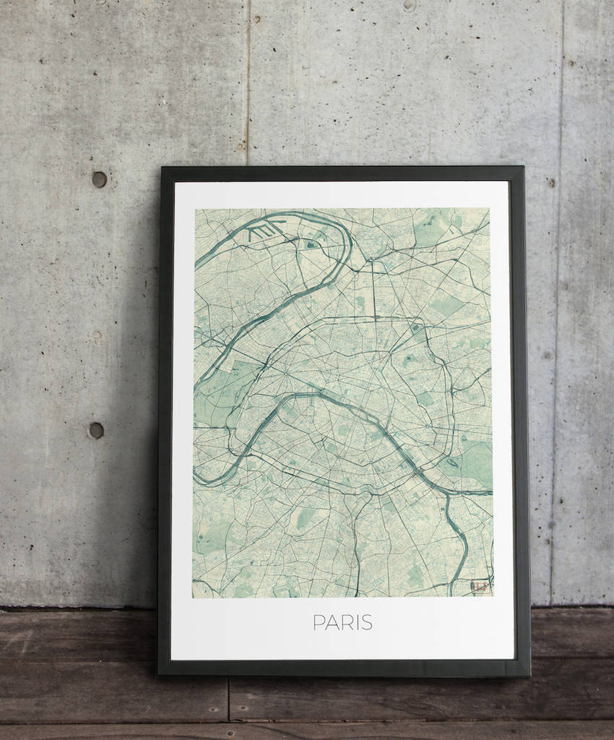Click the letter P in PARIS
pos(319,622)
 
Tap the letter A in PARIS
pos(332,622)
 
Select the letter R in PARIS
pos(345,622)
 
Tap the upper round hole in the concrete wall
pos(99,179)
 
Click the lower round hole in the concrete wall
pos(96,430)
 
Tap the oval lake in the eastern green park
pos(453,463)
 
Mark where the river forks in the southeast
pos(448,494)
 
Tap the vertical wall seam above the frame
pos(248,79)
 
